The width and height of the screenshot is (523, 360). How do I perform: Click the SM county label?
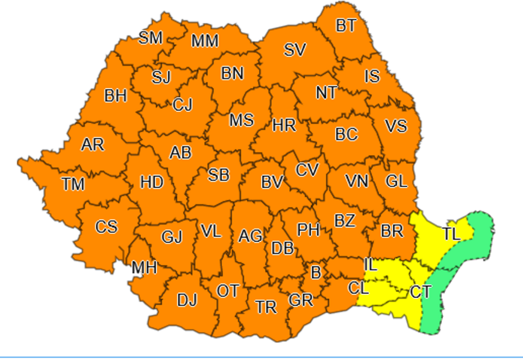[151, 38]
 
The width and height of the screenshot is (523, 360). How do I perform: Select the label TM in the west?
[73, 184]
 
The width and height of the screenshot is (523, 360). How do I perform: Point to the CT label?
[420, 291]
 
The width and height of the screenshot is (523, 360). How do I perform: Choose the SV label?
[295, 50]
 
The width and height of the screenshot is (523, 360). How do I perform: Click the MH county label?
[144, 268]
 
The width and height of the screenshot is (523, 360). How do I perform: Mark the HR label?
[284, 126]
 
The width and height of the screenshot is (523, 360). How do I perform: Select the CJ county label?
[183, 105]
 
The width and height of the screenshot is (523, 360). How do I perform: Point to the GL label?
[396, 182]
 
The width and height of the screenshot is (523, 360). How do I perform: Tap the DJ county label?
[187, 300]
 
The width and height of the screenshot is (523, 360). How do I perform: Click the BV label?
[272, 182]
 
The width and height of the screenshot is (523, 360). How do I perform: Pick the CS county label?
[106, 227]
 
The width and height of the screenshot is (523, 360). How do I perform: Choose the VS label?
[395, 126]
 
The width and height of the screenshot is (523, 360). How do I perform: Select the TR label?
[266, 307]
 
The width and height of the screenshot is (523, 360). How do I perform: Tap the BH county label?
[115, 96]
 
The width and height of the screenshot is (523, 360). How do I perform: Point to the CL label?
[358, 287]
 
